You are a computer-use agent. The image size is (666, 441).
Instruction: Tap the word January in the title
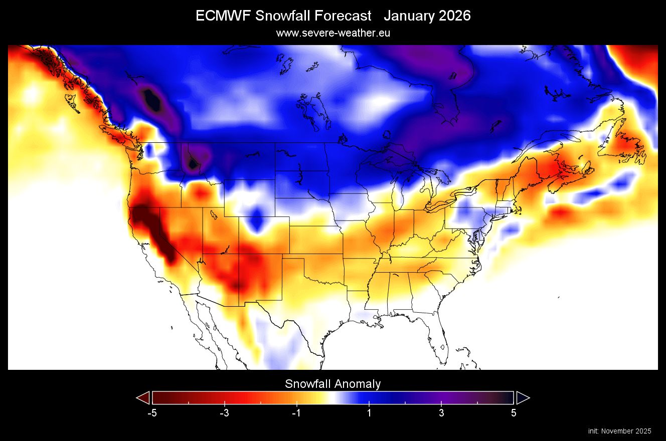[408, 16]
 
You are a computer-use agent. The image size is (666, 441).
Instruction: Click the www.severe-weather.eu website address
[333, 33]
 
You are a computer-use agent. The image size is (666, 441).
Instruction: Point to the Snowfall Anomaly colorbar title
[333, 384]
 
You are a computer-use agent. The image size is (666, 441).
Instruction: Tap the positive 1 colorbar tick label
[369, 413]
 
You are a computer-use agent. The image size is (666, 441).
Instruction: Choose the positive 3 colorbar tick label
[441, 413]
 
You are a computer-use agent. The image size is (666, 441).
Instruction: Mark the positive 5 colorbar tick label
[514, 413]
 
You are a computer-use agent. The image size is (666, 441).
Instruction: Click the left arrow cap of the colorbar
[143, 398]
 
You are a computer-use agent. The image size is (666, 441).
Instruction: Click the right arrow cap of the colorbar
[523, 398]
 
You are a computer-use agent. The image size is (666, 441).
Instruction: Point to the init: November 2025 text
[619, 431]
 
